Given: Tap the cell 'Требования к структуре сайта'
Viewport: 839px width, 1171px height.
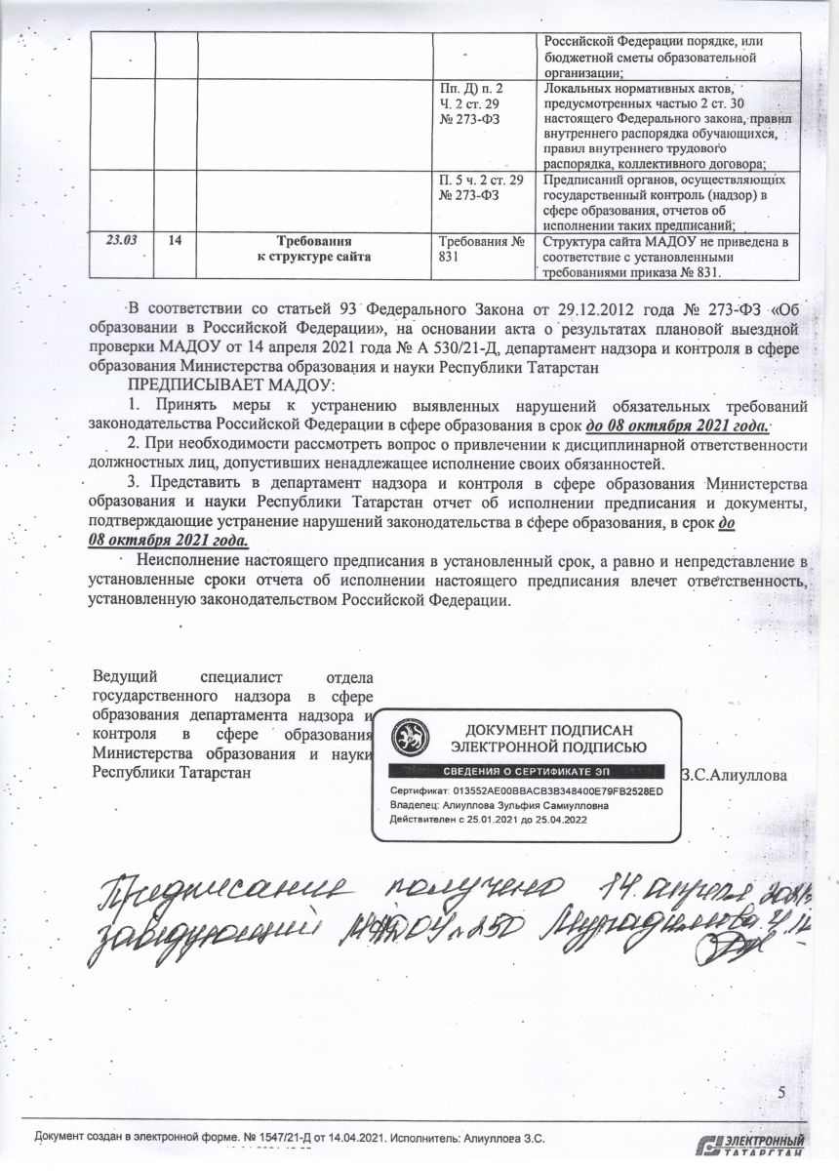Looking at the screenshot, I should (313, 248).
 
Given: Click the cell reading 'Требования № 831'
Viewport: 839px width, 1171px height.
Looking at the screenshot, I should (484, 249).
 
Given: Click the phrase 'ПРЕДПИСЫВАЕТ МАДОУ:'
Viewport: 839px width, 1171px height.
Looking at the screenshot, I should (231, 385).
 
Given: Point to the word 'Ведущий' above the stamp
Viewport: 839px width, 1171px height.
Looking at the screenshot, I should (120, 676).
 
